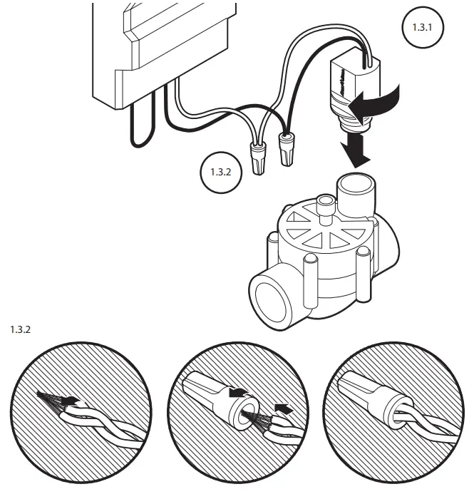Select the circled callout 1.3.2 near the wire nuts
coord(219,171)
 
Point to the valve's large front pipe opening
coord(274,299)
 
